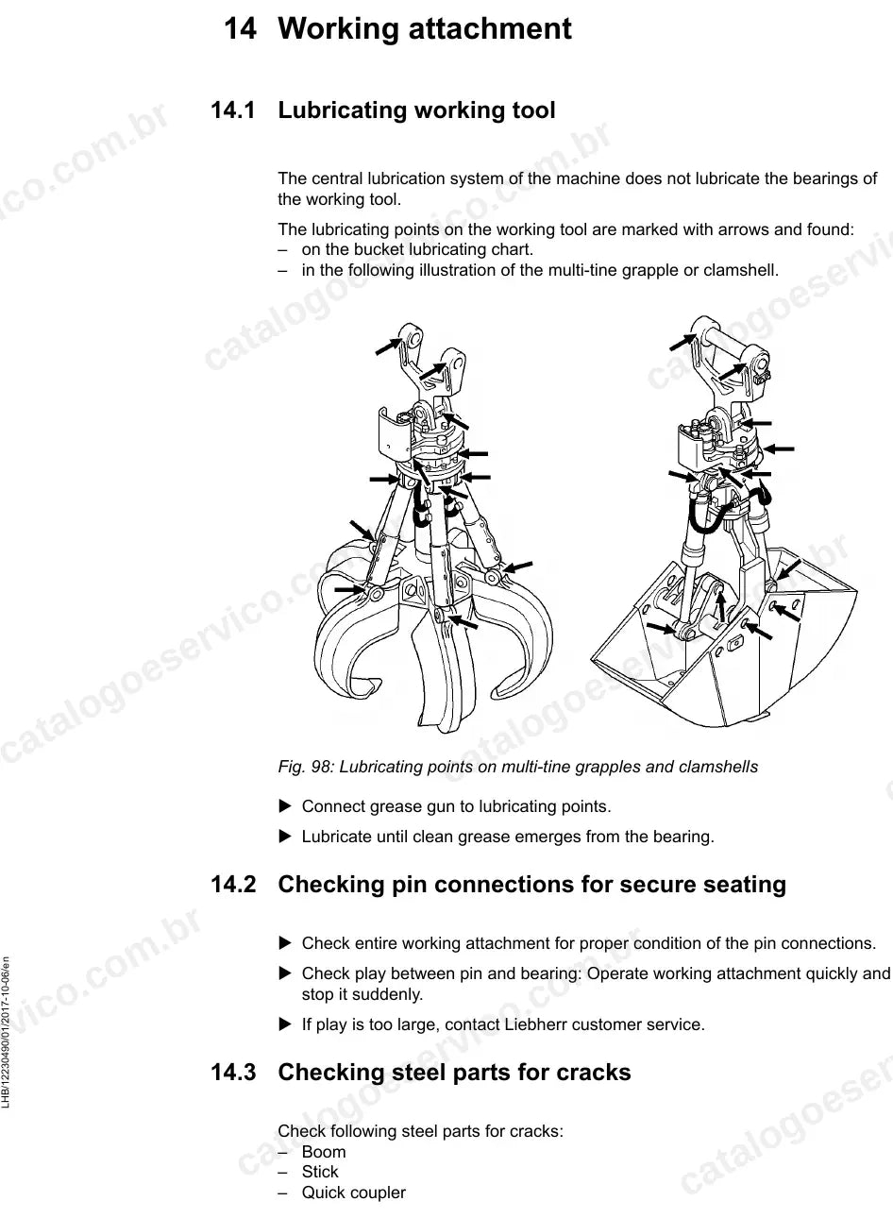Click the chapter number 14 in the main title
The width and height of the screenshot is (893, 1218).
(240, 28)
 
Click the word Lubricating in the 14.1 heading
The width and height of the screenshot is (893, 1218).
(343, 110)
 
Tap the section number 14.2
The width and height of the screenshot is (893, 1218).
(233, 884)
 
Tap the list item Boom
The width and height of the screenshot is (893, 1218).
(324, 1152)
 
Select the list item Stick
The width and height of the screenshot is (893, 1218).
(320, 1172)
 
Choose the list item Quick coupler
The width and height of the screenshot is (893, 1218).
(354, 1193)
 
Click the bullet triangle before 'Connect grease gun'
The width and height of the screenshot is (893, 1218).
(285, 806)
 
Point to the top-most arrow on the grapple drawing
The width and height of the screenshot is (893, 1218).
(389, 346)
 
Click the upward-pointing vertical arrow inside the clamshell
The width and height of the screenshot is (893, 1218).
(720, 605)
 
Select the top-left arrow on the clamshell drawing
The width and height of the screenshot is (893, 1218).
(682, 342)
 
